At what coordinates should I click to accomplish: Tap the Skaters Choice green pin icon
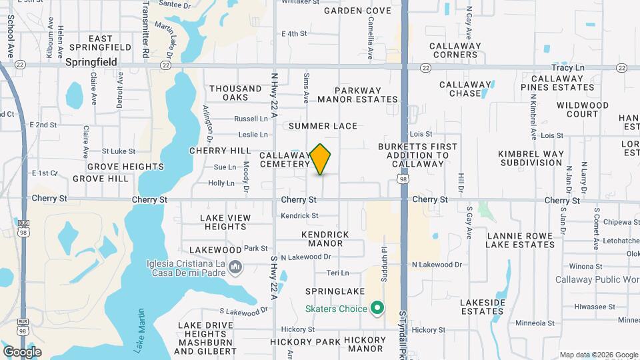[x=377, y=309]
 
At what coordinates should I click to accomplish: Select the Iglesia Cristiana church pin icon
[x=235, y=268]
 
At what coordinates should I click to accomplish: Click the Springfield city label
[x=91, y=62]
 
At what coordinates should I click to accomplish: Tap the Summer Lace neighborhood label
[x=323, y=126]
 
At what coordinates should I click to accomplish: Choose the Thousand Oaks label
[x=236, y=93]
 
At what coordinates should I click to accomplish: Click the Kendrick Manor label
[x=325, y=239]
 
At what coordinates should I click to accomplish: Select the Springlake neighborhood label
[x=335, y=291]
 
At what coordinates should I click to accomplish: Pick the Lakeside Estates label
[x=483, y=307]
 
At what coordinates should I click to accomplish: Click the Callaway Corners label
[x=455, y=50]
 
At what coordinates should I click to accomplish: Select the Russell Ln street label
[x=250, y=119]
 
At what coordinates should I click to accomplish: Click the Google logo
[x=22, y=351]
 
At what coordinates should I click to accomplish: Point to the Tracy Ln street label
[x=568, y=68]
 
